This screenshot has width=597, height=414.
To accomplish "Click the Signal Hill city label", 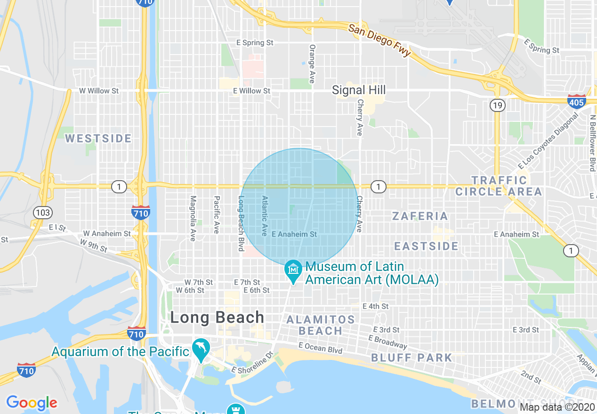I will coord(359,90).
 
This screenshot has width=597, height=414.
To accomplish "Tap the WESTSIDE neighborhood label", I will coord(98,138).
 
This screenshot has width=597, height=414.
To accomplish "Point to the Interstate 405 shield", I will coord(576,102).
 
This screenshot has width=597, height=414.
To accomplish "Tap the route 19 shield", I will coord(497,105).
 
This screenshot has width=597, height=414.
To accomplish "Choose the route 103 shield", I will coord(42,213).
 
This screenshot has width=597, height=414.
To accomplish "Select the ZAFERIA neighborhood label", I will coord(420,216).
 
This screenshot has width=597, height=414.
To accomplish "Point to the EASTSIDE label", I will coord(426,246).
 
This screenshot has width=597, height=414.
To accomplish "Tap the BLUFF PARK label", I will coord(411,358).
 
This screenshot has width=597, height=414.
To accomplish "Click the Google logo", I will coord(32,403).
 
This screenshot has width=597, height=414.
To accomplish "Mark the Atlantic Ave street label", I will coord(265,216).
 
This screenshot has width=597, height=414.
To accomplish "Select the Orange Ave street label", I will coord(312,64).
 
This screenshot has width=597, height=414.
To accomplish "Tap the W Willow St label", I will coord(99,91).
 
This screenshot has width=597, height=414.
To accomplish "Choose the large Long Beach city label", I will coord(217,318).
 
